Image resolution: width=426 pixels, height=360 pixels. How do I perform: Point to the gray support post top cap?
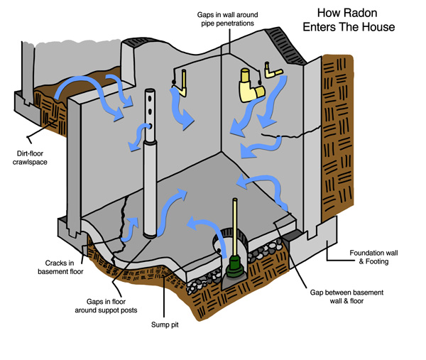click(x=150, y=94)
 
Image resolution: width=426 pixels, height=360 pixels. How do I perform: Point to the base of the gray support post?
click(x=150, y=231)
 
